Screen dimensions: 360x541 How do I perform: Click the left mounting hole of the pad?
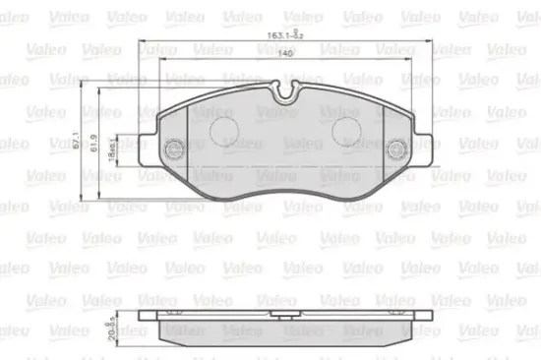(173, 149)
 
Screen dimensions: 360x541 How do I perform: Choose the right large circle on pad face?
(347, 131)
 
